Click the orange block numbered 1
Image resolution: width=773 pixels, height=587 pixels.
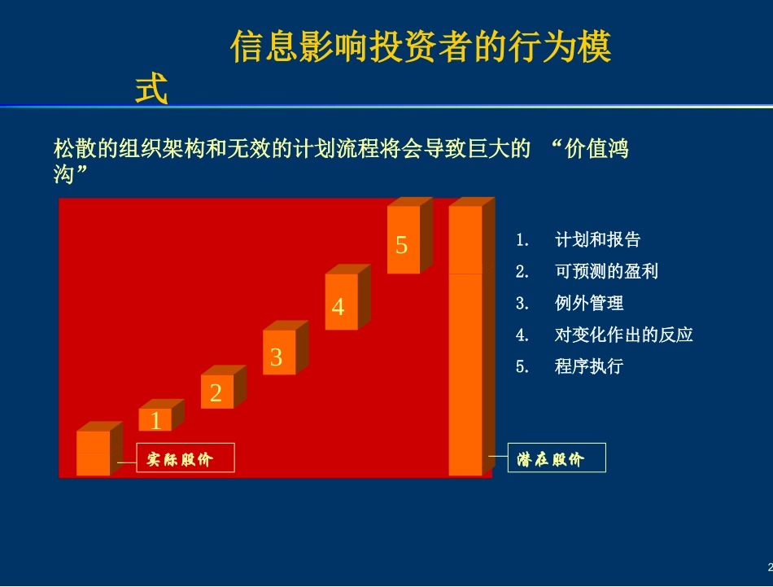155,419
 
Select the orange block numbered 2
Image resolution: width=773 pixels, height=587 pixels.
216,392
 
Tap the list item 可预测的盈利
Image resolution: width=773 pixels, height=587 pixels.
606,271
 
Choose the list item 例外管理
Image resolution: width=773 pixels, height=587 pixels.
589,303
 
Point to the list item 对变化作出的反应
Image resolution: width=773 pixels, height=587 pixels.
623,335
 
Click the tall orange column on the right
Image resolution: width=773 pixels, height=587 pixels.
465,342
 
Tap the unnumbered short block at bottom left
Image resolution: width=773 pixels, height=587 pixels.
93,453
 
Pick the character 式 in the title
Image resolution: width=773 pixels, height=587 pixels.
151,90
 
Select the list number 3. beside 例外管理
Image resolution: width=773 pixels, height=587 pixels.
522,303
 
